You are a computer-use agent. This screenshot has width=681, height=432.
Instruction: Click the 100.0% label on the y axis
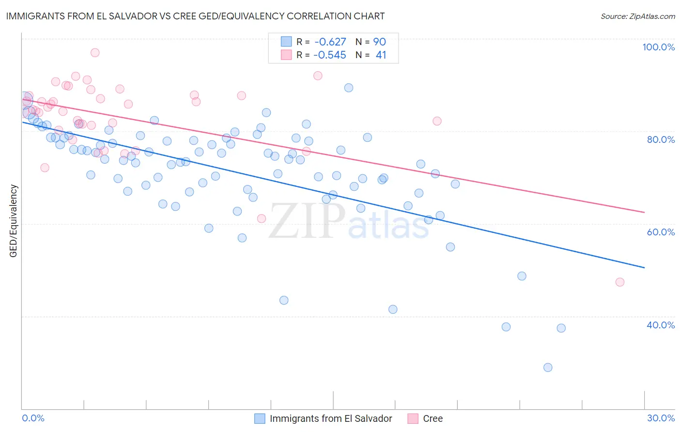tap(658, 47)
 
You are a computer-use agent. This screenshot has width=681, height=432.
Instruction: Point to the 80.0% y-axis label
tap(661, 139)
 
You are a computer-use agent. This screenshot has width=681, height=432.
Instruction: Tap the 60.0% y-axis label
tap(661, 232)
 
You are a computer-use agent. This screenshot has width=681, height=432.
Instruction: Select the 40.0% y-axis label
tap(661, 325)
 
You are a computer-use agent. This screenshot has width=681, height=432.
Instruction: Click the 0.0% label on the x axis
tap(33, 418)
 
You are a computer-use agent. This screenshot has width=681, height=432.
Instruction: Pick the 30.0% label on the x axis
tap(661, 418)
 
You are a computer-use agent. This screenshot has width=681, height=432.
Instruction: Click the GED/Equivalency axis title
tap(14, 221)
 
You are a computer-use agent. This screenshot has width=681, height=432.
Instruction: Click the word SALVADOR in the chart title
tap(129, 16)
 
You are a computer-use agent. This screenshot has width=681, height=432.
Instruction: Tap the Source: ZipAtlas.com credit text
tap(637, 16)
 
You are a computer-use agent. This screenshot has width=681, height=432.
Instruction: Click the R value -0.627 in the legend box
tap(330, 42)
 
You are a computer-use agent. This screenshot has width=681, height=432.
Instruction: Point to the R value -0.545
tap(330, 55)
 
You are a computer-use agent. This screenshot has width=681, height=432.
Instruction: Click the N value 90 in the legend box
tap(379, 42)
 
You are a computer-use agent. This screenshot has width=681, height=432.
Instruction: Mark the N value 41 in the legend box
tap(381, 55)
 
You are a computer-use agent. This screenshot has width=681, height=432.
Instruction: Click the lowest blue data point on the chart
tap(548, 367)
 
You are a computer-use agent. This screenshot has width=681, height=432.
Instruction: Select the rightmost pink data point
tap(619, 282)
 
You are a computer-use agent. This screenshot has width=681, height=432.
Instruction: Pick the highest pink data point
tap(95, 52)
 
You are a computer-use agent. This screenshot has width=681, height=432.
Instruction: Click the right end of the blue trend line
tap(644, 267)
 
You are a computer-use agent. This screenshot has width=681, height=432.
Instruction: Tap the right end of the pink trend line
tap(644, 212)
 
